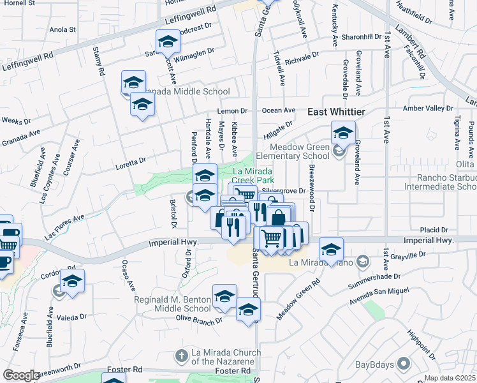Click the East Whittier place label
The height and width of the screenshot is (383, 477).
tap(336, 112)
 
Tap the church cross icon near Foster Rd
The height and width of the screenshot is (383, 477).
tap(181, 355)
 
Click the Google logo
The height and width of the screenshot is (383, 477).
tap(21, 375)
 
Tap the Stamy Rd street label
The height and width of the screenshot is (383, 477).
tap(98, 61)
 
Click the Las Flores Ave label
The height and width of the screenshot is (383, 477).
tap(64, 227)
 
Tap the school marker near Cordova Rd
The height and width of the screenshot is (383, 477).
tap(72, 282)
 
